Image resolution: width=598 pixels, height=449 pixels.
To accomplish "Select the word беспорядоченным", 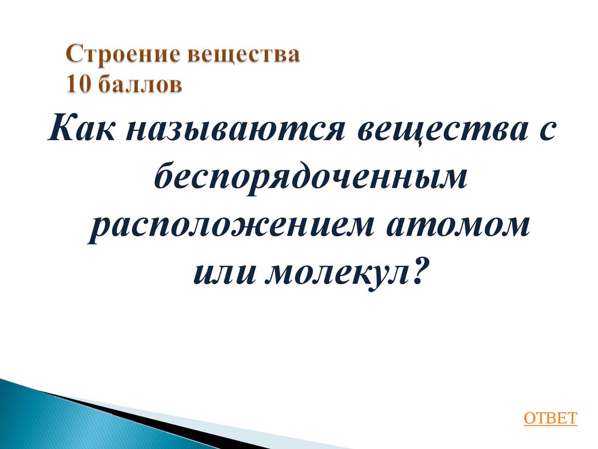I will pos(311,178).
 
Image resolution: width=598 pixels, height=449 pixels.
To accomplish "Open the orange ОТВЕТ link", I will pos(550,417).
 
